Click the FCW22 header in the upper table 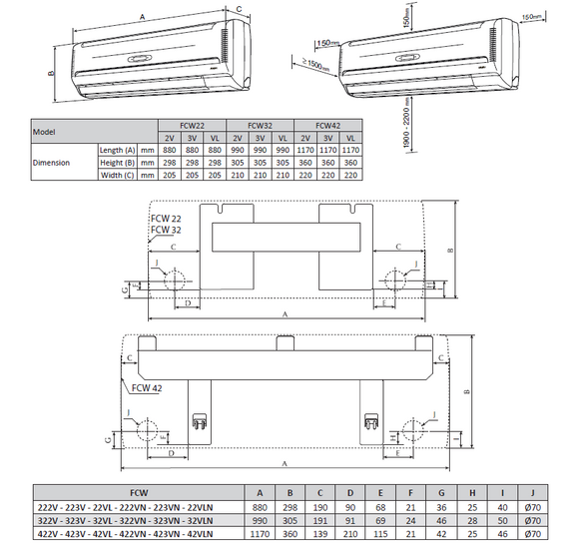tap(192, 126)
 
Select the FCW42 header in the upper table tap(327, 126)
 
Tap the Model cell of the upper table tap(44, 131)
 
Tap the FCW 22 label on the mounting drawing tap(165, 219)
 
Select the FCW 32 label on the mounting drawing tap(165, 230)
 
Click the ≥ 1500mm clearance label tap(313, 64)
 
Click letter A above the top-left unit tap(142, 17)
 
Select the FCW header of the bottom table tap(133, 492)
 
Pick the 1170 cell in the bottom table tap(261, 534)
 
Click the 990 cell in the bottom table tap(261, 520)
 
